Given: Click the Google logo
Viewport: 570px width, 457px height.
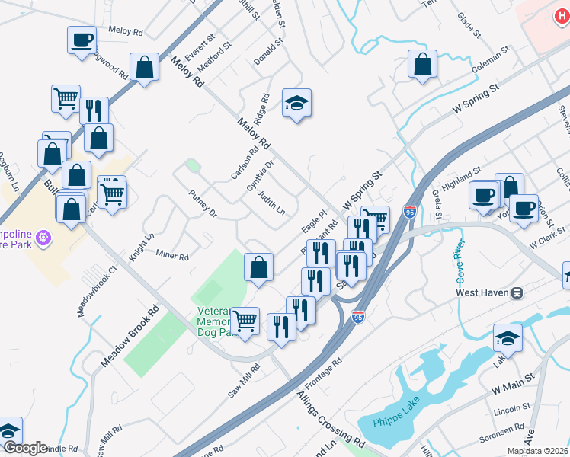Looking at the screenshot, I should (24, 448).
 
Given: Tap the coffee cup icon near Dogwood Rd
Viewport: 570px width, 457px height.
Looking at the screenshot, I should (82, 41).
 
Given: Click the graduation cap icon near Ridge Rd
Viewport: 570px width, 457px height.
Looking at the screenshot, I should (296, 104).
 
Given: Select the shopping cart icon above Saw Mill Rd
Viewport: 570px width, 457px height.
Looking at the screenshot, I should (245, 321).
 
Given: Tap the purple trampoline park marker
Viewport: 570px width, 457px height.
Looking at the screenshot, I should (43, 238).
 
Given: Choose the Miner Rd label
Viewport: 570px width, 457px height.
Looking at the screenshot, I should (172, 255).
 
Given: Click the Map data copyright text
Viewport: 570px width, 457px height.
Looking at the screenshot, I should (536, 451).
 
